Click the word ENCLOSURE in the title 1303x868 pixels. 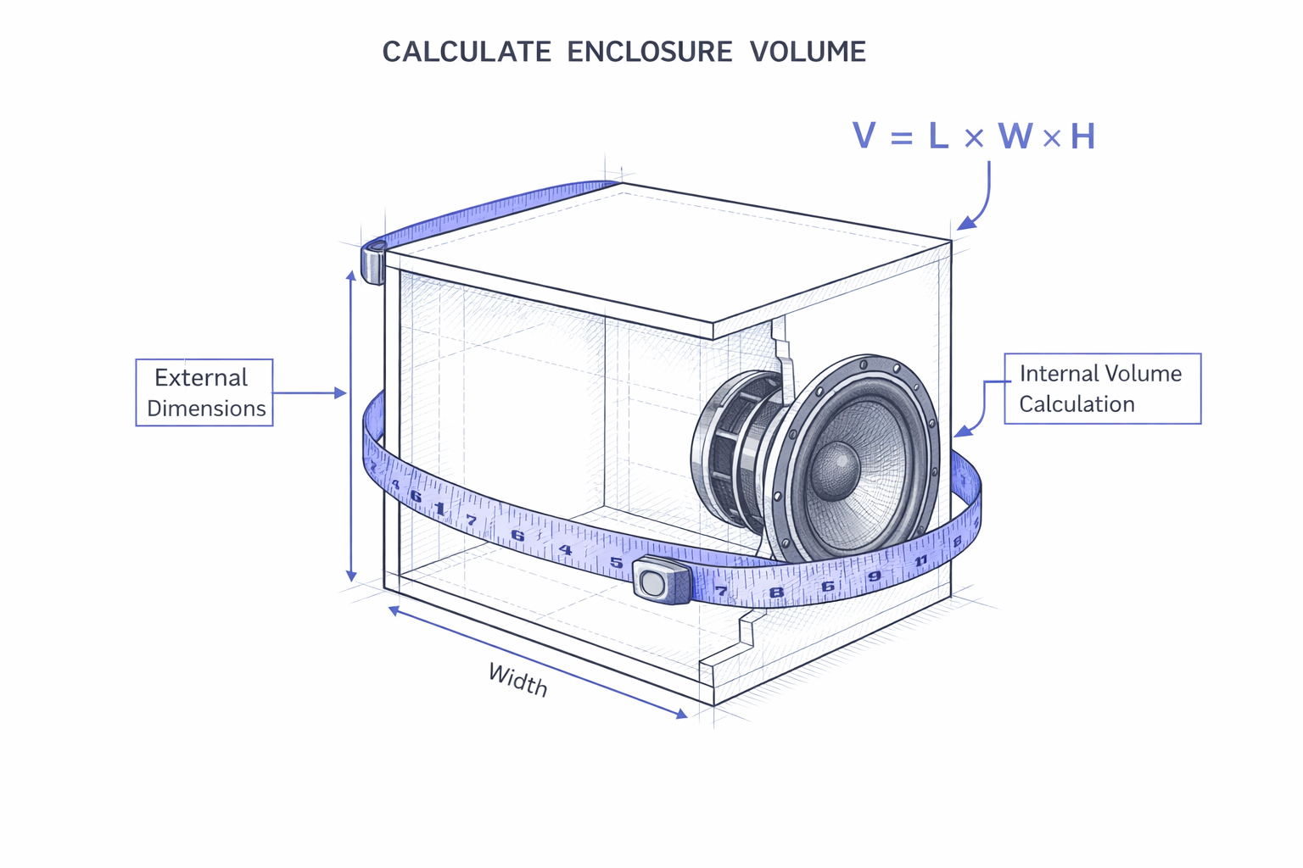[x=649, y=52]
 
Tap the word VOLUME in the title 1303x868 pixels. [x=808, y=52]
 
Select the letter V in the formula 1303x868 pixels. [x=864, y=136]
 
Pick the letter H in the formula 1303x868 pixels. [x=1082, y=136]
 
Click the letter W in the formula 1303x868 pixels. [x=1015, y=136]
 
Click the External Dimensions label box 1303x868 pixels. [x=204, y=392]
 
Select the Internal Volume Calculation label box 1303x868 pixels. [x=1102, y=388]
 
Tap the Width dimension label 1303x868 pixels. [x=517, y=679]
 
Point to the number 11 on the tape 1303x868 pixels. [x=920, y=561]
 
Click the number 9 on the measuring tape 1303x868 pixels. [x=875, y=576]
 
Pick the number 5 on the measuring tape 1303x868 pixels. [x=617, y=562]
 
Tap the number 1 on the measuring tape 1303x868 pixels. [x=439, y=509]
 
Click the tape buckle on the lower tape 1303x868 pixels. [x=661, y=581]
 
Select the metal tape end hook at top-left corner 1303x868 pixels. [x=374, y=261]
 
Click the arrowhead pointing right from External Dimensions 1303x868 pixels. [x=341, y=393]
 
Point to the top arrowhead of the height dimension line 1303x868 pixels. [x=351, y=275]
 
